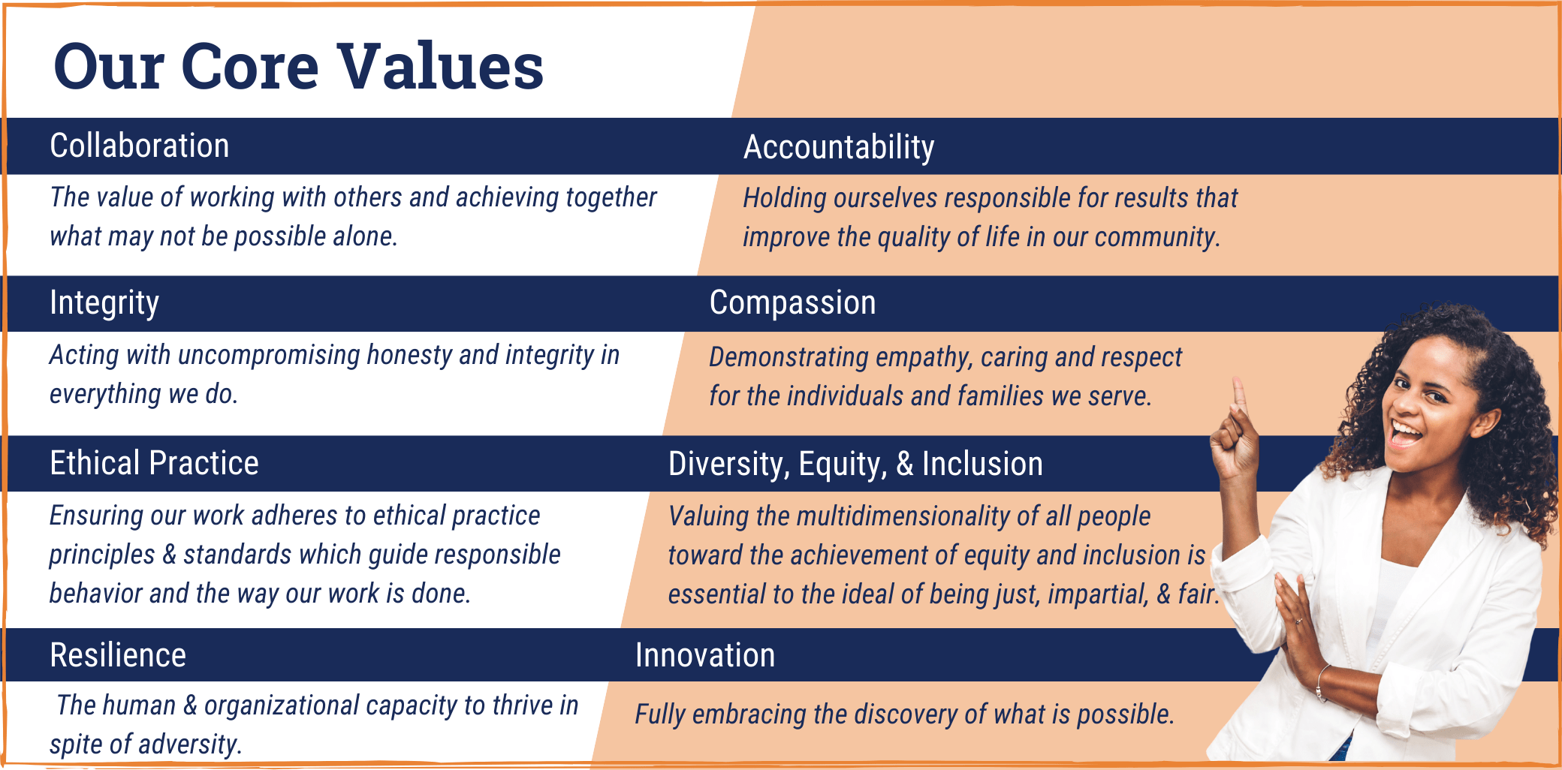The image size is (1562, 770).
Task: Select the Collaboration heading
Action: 140,146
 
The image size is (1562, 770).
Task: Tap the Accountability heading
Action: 839,148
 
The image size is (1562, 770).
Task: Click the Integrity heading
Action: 104,304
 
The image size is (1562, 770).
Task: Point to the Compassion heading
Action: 793,303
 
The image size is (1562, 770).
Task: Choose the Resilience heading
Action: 118,655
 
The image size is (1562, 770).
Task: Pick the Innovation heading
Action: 705,655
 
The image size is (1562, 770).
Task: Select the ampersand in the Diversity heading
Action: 905,465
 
